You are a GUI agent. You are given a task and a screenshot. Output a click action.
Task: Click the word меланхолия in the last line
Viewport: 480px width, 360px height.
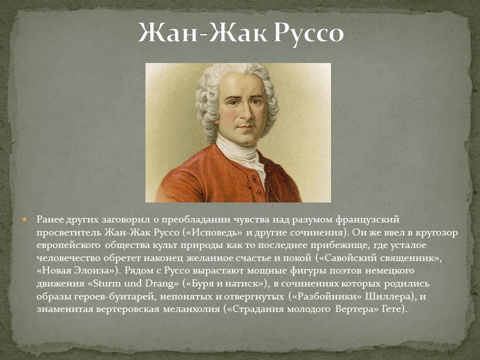point(189,309)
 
